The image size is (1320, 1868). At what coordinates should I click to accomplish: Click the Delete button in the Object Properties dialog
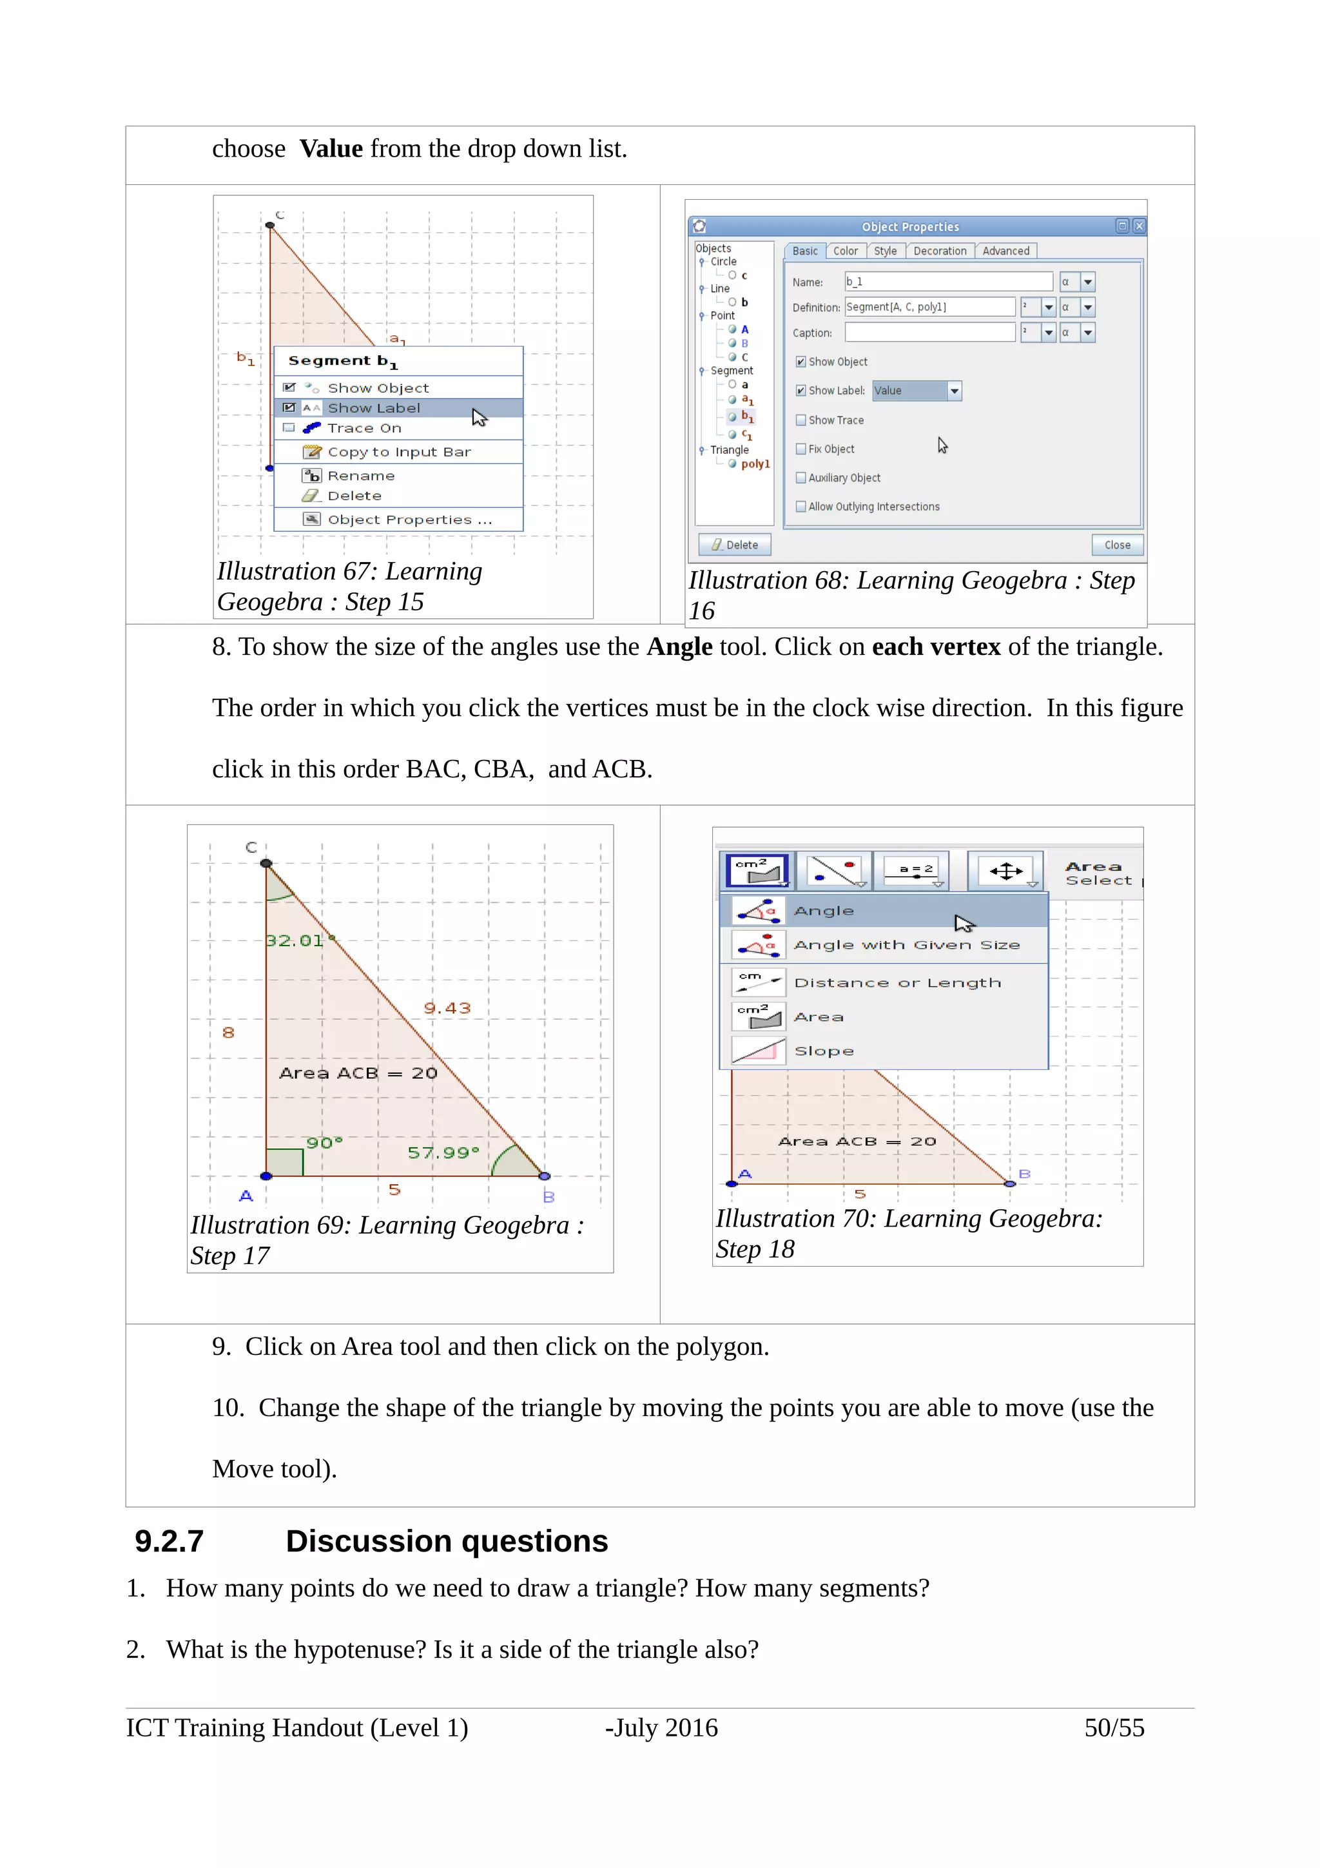pyautogui.click(x=734, y=544)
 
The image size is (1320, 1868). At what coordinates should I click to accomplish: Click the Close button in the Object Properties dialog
pyautogui.click(x=1117, y=544)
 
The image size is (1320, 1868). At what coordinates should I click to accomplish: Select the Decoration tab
pyautogui.click(x=939, y=251)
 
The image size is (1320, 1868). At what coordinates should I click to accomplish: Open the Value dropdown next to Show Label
pyautogui.click(x=955, y=391)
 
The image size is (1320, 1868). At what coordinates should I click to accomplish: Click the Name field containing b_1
pyautogui.click(x=947, y=282)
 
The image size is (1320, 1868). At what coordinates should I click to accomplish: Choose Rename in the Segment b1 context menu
pyautogui.click(x=361, y=476)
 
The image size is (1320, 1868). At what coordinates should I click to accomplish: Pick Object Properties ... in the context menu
pyautogui.click(x=409, y=519)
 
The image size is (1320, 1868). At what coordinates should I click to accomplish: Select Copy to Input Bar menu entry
pyautogui.click(x=398, y=452)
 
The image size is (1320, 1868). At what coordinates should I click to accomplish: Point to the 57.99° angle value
pyautogui.click(x=443, y=1152)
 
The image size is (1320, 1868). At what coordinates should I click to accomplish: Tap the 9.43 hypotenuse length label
pyautogui.click(x=447, y=1008)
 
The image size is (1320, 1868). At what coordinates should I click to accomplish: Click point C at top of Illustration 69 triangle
pyautogui.click(x=266, y=863)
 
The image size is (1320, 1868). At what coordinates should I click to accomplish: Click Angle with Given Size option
pyautogui.click(x=906, y=944)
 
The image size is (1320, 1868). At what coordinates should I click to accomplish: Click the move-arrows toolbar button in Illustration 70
pyautogui.click(x=1006, y=871)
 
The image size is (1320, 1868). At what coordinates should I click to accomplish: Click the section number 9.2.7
pyautogui.click(x=169, y=1541)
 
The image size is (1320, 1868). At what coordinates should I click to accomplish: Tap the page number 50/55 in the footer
pyautogui.click(x=1113, y=1727)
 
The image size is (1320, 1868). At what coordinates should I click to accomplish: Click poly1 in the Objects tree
pyautogui.click(x=754, y=463)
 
